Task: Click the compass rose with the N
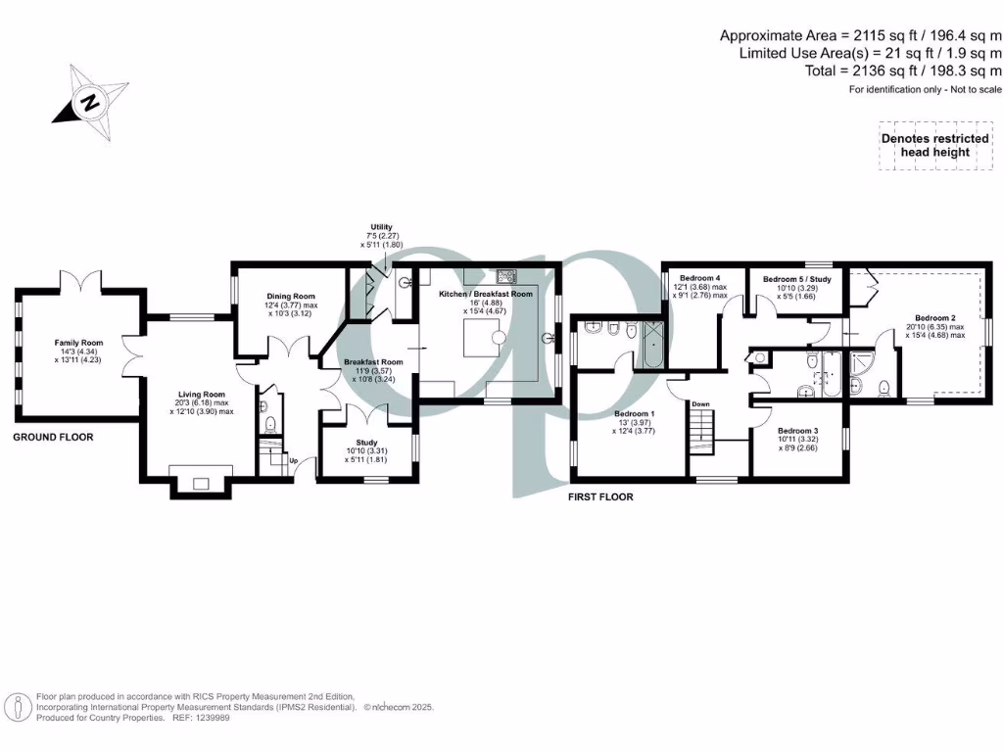[x=89, y=101]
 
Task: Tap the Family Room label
[x=72, y=343]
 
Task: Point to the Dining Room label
[x=290, y=296]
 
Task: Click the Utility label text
[x=382, y=226]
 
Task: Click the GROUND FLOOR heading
[x=53, y=437]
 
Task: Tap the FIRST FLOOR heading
[x=600, y=497]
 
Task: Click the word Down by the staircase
[x=700, y=403]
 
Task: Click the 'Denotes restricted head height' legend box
[x=934, y=145]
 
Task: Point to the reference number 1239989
[x=215, y=717]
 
